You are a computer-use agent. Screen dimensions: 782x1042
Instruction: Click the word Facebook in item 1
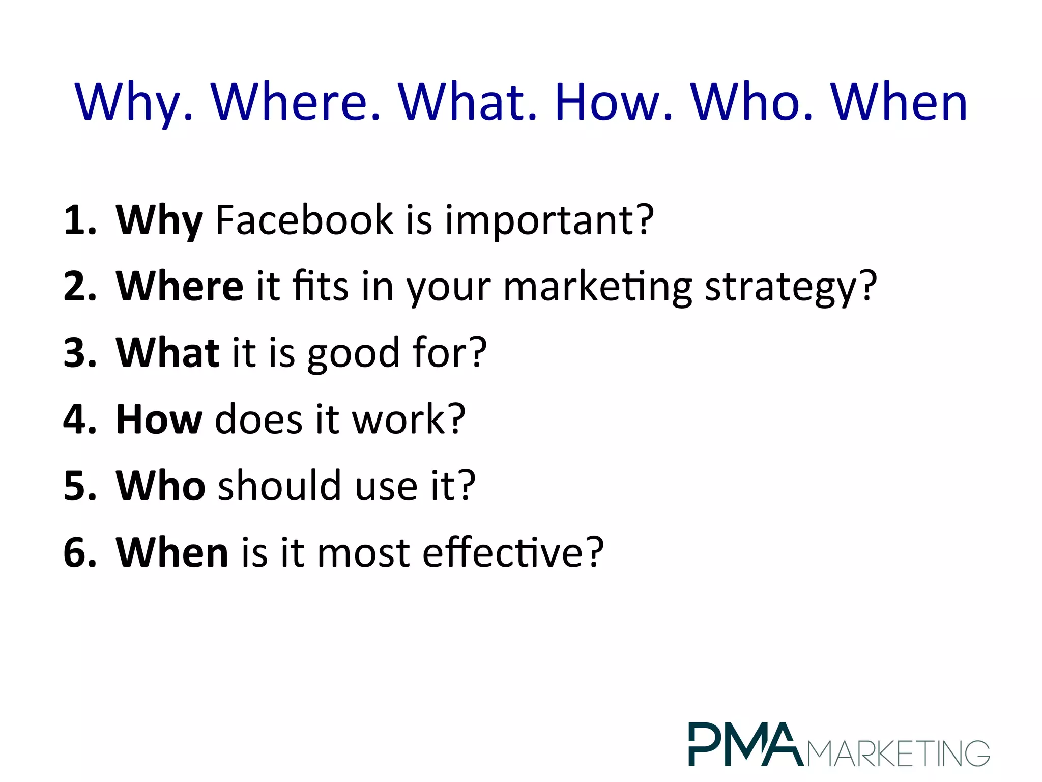tap(304, 220)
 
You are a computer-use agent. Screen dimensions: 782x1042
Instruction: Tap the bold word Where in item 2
tap(180, 286)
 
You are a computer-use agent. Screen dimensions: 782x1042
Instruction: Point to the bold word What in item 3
tap(168, 352)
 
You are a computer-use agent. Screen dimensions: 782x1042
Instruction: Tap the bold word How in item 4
tap(159, 419)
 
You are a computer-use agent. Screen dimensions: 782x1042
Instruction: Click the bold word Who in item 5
tap(161, 486)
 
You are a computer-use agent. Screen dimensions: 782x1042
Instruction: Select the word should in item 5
tap(279, 486)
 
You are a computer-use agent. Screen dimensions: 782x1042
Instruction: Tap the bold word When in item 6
tap(172, 552)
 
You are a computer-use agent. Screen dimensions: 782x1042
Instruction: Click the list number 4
tap(76, 420)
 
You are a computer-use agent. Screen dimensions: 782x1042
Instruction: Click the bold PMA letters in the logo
tap(745, 744)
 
